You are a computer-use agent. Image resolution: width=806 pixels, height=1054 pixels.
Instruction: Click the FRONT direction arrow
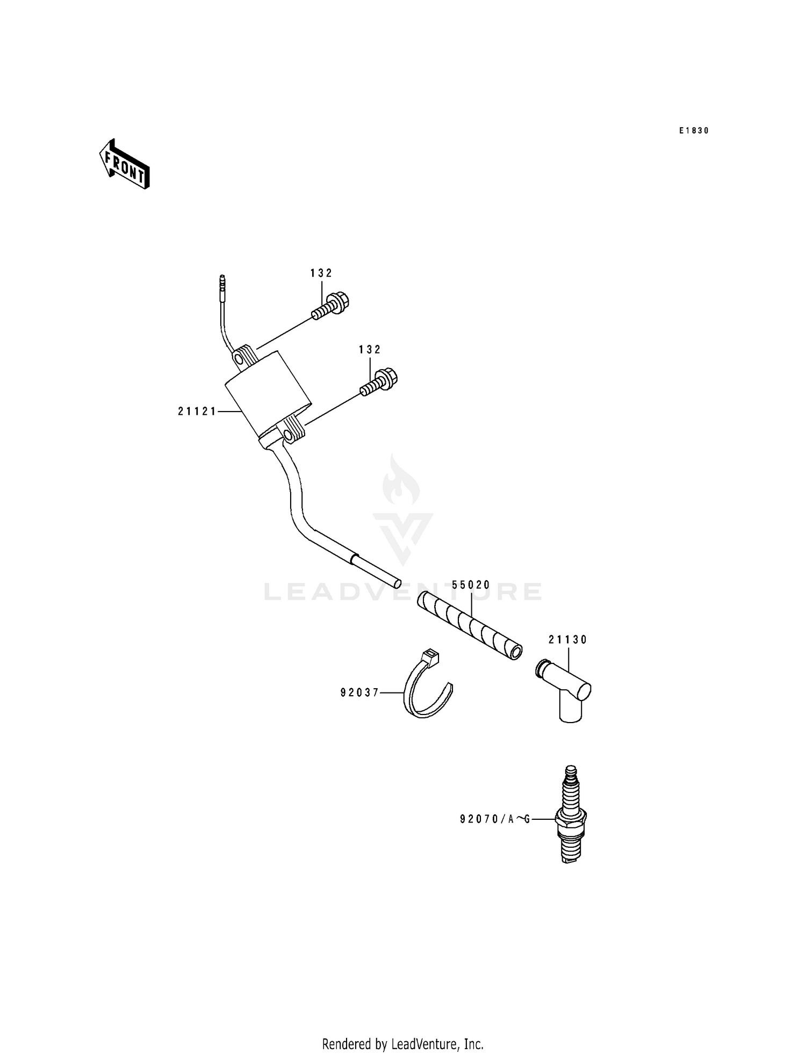[x=124, y=164]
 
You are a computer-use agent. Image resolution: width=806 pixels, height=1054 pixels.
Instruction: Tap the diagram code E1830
[x=694, y=131]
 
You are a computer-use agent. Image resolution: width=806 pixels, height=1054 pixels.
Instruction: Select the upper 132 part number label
[x=321, y=273]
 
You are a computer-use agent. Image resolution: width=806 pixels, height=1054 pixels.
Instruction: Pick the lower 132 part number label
[x=370, y=350]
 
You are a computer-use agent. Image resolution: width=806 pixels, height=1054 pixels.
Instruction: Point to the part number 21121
[x=197, y=412]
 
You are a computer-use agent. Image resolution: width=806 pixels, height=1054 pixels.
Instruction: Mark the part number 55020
[x=471, y=585]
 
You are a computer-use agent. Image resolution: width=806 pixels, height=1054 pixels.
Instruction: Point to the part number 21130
[x=568, y=640]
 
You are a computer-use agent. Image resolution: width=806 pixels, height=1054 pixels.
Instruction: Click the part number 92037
[x=359, y=693]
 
